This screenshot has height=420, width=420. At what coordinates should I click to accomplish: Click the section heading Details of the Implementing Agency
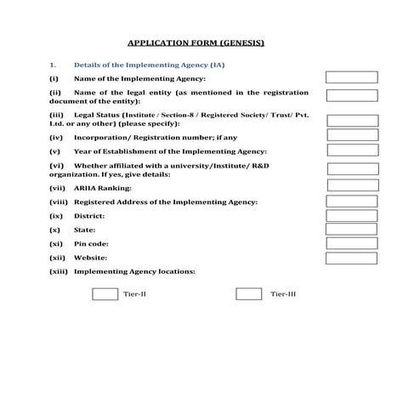(x=150, y=65)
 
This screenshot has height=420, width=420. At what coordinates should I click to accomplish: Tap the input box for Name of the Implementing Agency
(x=352, y=77)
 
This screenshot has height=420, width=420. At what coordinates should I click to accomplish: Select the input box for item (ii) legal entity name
(x=352, y=95)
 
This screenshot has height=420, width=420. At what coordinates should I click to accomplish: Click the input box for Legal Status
(x=352, y=116)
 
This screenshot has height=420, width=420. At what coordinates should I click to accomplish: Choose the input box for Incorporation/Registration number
(x=352, y=135)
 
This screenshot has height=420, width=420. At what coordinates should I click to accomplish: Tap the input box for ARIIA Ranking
(x=352, y=184)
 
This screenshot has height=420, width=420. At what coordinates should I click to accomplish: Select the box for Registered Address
(x=352, y=201)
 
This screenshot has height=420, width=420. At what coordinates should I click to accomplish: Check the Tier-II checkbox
(x=105, y=294)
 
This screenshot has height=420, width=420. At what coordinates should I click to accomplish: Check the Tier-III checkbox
(x=248, y=294)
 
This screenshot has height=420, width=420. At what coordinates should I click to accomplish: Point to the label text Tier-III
(x=283, y=294)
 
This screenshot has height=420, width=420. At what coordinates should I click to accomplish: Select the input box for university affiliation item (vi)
(x=352, y=167)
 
